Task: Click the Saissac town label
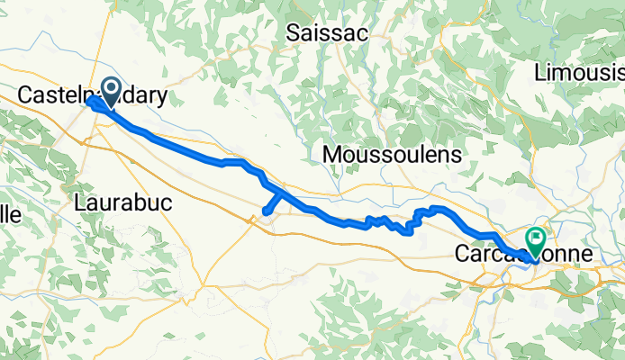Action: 326,33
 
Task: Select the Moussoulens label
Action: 392,155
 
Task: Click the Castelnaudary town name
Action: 93,94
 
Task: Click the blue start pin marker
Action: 113,90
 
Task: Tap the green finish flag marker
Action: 538,239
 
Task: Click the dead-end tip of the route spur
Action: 266,212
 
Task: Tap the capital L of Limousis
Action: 540,72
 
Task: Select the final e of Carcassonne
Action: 588,255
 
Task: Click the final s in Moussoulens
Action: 457,155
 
